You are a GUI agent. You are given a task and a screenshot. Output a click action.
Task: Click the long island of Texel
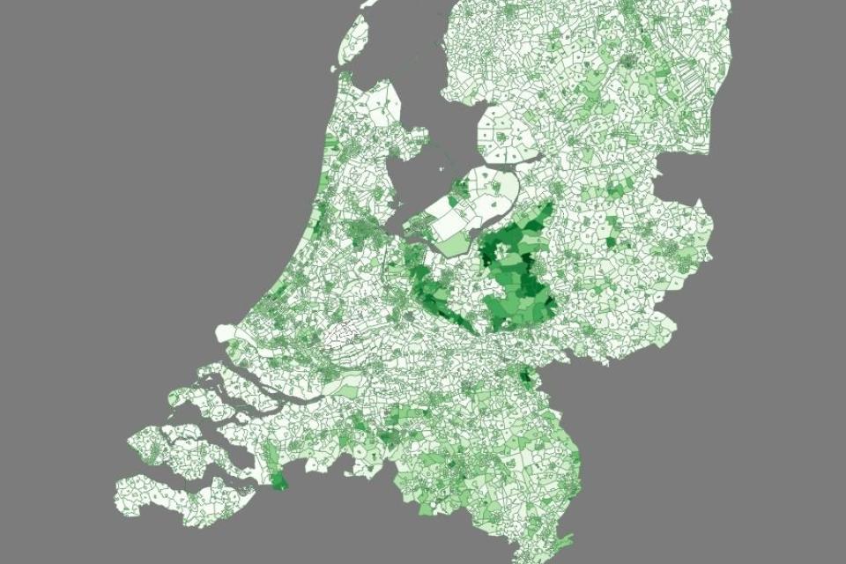click(354, 40)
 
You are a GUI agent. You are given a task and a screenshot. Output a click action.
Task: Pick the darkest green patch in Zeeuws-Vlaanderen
click(278, 481)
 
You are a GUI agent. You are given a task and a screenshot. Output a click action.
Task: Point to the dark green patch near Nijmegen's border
click(527, 376)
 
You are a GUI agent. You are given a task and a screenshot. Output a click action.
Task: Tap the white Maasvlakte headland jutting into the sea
click(225, 333)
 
